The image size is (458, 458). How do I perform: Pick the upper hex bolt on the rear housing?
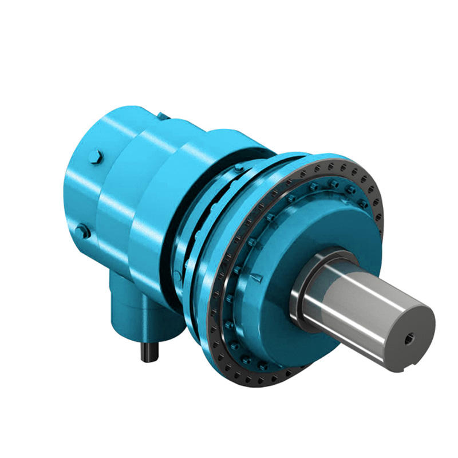pyautogui.click(x=96, y=157)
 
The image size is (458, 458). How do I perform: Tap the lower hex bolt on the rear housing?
pyautogui.click(x=82, y=231)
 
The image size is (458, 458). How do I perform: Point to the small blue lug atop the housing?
pyautogui.click(x=163, y=116)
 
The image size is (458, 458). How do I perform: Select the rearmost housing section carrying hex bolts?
pyautogui.click(x=86, y=189)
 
